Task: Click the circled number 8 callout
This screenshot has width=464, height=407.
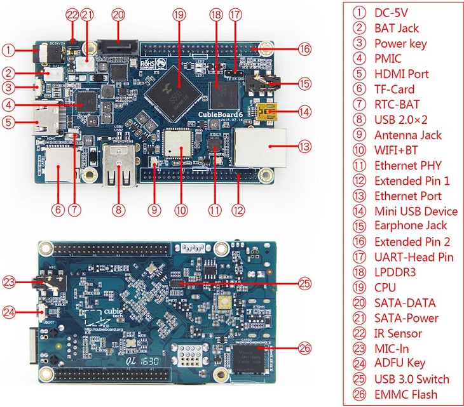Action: click(x=118, y=206)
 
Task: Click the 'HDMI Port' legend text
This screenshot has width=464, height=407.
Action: click(x=401, y=74)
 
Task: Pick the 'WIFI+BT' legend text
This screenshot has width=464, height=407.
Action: click(x=397, y=150)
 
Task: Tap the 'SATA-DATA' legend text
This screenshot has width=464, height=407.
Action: click(x=406, y=303)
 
